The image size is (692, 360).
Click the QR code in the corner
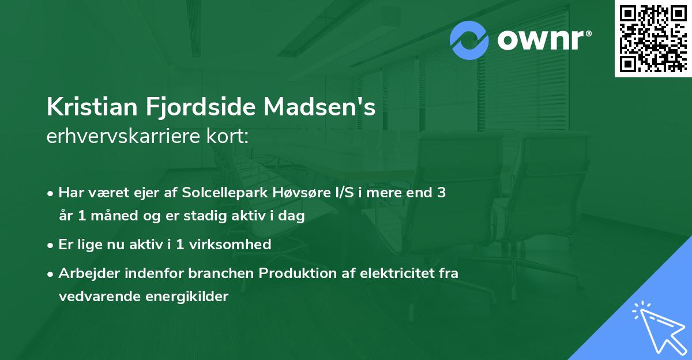[653, 39]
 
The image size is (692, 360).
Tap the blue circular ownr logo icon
[469, 40]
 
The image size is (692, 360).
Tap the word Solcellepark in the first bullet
[217, 193]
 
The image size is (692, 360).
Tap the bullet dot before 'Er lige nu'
[51, 245]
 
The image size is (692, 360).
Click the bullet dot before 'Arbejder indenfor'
[51, 274]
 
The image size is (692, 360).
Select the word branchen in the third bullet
[224, 273]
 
